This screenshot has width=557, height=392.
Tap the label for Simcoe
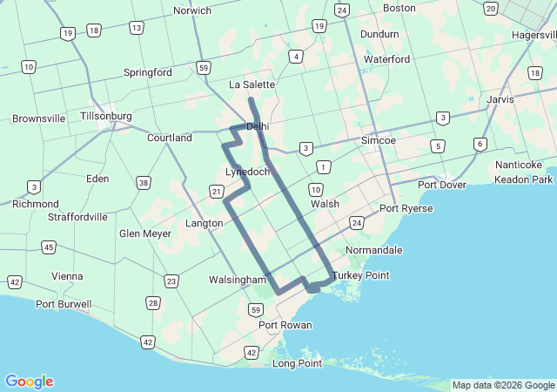379,140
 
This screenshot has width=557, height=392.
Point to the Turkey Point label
360,275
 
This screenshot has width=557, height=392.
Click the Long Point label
298,363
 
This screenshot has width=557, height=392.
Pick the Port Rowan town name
285,325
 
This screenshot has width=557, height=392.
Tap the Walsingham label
237,280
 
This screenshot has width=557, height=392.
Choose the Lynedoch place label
247,172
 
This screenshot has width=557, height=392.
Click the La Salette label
252,84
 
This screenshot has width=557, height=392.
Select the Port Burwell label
63,304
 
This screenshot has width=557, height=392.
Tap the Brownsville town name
39,118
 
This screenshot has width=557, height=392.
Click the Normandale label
374,250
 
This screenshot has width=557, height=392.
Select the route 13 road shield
137,28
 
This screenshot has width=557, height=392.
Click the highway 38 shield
144,183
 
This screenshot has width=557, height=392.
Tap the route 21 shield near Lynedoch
216,192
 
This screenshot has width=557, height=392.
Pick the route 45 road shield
49,248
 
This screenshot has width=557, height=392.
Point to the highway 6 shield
480,144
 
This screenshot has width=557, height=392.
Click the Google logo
30,382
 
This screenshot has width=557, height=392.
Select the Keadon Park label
524,179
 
